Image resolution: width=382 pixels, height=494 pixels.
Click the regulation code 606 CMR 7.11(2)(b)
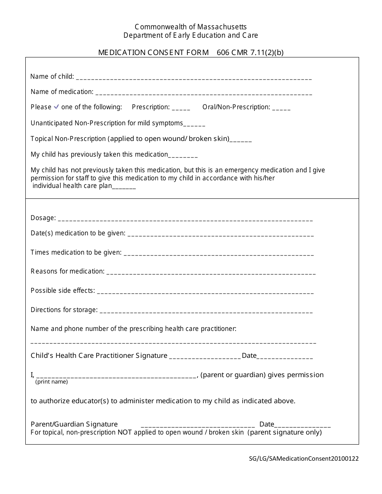point(250,52)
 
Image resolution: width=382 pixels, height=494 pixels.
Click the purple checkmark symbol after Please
point(56,107)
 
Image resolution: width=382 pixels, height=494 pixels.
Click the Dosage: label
point(43,218)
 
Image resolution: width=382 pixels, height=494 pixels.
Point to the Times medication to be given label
point(76,252)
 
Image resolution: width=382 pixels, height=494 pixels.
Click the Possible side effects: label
point(63,290)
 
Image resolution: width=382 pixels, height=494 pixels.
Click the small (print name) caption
point(51,382)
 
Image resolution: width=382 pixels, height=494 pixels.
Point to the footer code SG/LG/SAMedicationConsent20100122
point(303,458)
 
